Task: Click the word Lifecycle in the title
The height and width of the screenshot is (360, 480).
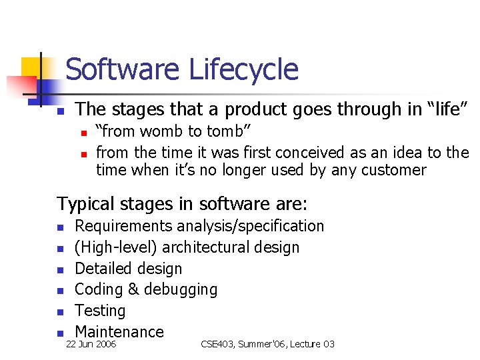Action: coord(243,69)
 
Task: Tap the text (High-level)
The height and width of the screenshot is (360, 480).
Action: coord(116,247)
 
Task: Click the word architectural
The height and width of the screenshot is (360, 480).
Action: coord(204,247)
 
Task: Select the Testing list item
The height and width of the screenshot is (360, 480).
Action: coord(100,311)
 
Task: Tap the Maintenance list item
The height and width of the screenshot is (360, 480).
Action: coord(119,331)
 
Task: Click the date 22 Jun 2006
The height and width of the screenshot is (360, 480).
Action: coord(90,344)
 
